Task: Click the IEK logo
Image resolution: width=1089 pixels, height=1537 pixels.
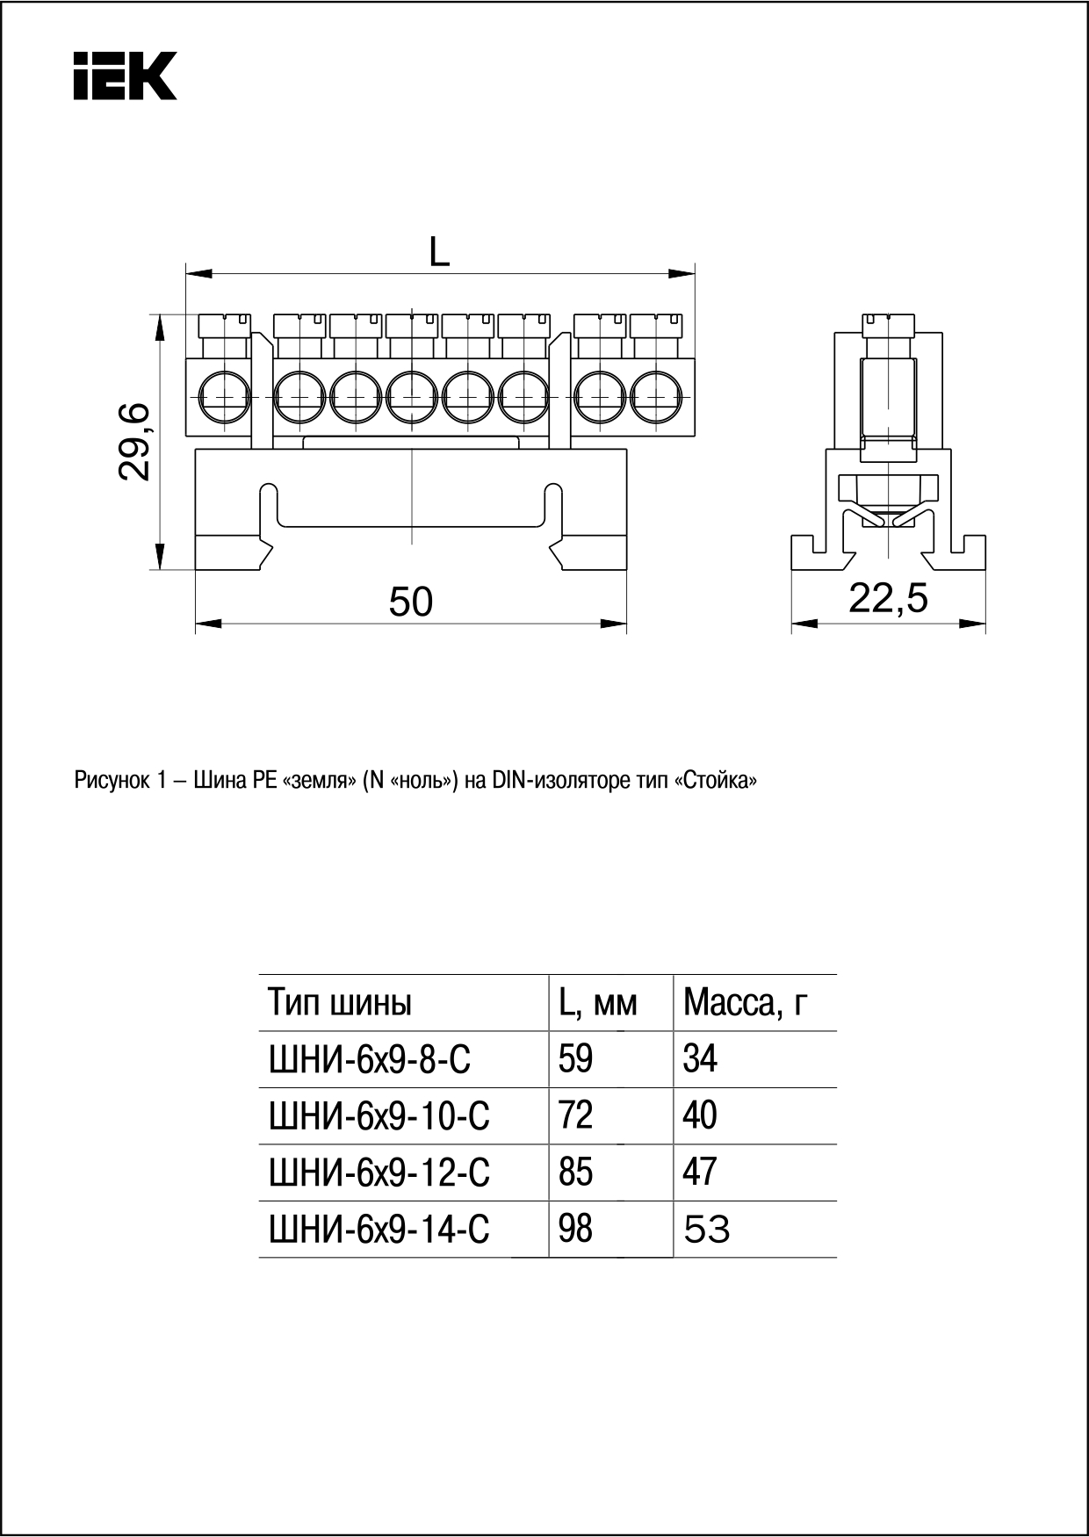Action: tap(125, 76)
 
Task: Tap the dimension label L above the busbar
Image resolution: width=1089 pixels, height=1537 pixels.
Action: tap(439, 254)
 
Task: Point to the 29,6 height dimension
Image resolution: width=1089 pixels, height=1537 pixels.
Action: tap(136, 442)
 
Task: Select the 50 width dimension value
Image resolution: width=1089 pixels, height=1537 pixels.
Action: tap(411, 603)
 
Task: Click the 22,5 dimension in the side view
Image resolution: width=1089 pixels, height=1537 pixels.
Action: tap(888, 599)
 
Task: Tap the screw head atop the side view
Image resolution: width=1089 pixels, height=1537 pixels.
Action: tap(889, 325)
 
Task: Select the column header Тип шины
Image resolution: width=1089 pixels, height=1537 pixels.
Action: tap(340, 1002)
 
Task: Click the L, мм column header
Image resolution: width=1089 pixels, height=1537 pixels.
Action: tap(597, 1002)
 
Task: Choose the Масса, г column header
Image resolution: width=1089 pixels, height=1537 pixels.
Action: tap(746, 1002)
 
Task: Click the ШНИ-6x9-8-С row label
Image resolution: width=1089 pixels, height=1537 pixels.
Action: tap(369, 1059)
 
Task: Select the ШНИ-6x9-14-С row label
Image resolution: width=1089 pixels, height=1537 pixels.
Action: tap(379, 1230)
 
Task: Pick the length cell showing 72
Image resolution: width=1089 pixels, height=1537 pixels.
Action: tap(576, 1115)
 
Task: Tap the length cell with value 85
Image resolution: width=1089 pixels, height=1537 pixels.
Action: tap(576, 1173)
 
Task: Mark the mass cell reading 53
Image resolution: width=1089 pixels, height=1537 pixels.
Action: tap(707, 1230)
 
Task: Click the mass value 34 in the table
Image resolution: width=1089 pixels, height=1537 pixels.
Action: tap(700, 1059)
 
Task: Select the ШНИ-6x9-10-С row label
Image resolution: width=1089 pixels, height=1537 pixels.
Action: tap(379, 1116)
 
